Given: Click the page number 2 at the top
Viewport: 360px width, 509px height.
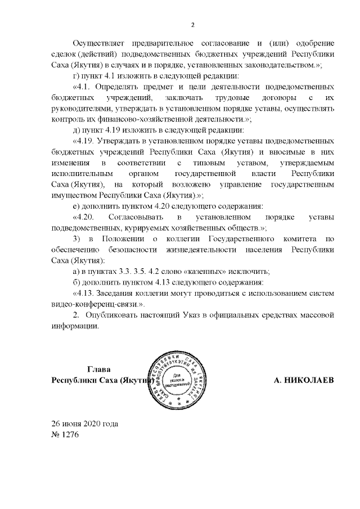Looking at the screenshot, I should point(193,25).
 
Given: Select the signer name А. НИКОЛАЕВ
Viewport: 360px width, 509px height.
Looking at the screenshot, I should point(303,380).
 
